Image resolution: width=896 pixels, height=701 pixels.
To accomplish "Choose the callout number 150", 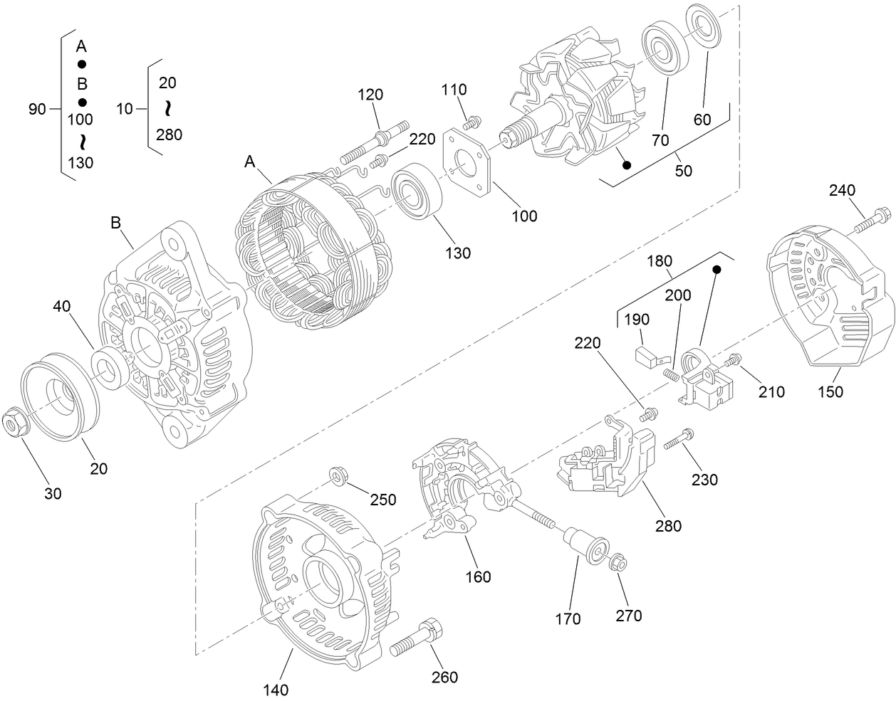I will (830, 391).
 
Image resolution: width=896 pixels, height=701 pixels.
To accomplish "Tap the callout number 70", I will (660, 140).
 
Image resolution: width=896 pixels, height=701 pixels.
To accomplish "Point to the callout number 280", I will (668, 526).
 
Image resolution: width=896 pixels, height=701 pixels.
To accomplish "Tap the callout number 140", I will (276, 689).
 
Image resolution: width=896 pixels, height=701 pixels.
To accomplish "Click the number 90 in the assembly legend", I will (37, 109).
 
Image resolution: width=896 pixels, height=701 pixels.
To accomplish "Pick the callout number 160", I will (478, 576).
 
